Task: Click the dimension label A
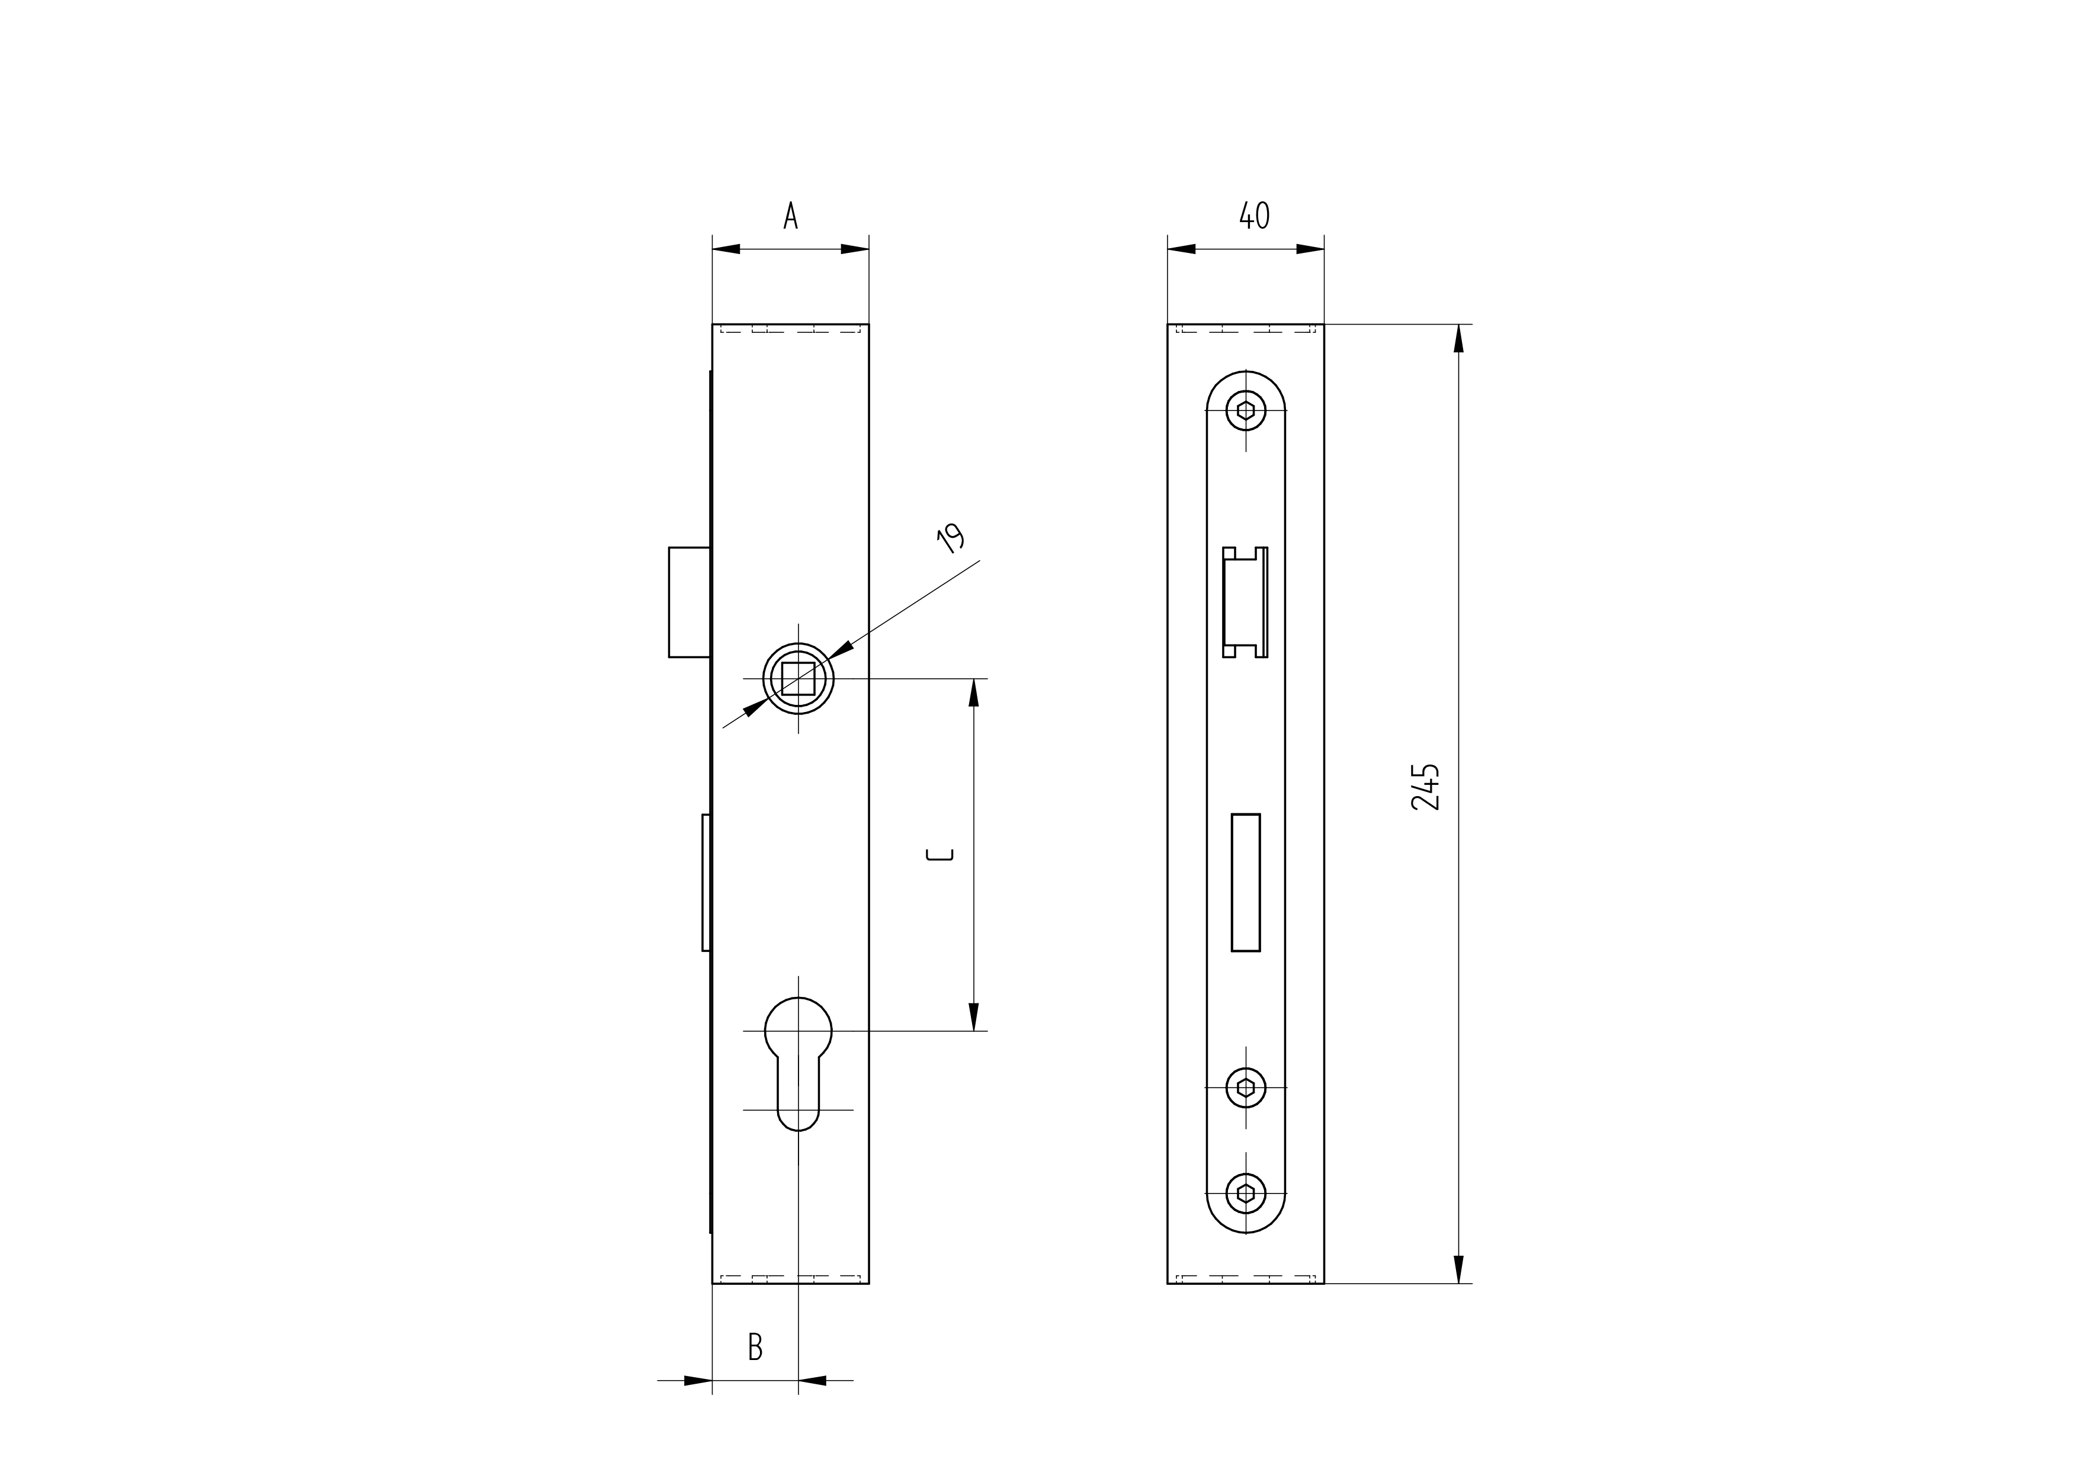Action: pos(790,216)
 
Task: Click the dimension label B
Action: pos(755,1347)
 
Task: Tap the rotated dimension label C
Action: pos(940,854)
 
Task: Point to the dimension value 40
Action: pos(1255,216)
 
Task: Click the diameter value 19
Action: pos(950,538)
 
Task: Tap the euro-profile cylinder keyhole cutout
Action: pos(799,1063)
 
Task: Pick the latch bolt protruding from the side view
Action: pos(690,602)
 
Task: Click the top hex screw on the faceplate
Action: pos(1245,411)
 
